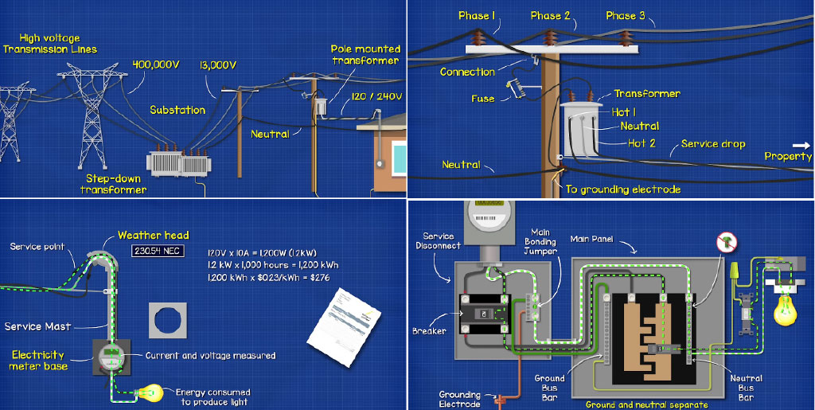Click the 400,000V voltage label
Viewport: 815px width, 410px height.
tap(155, 64)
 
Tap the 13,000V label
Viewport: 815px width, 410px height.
tap(217, 64)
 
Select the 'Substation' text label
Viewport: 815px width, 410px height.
tap(177, 110)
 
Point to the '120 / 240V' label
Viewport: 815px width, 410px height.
tap(377, 96)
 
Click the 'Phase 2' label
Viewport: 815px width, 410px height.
tap(551, 15)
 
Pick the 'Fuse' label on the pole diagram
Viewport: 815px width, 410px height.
tap(482, 99)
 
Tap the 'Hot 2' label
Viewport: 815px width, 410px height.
tap(641, 143)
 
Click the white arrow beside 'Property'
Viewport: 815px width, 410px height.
tap(801, 145)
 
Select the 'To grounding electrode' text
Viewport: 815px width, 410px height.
tap(623, 189)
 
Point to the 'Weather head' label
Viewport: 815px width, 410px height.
tap(154, 235)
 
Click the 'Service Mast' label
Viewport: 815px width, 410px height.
tap(37, 326)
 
